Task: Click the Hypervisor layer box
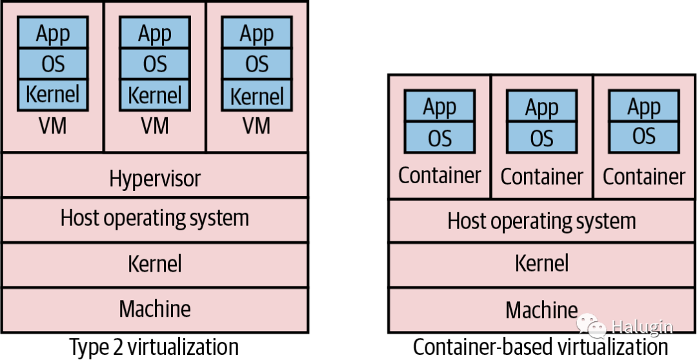tap(155, 175)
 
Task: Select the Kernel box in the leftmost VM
tap(52, 95)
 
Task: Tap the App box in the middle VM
tap(155, 32)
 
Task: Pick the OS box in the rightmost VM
tap(257, 64)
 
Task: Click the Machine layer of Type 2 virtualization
tap(155, 310)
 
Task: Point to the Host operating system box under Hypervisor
tap(155, 219)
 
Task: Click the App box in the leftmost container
tap(439, 106)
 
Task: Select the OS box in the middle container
tap(542, 137)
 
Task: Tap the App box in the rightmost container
tap(644, 106)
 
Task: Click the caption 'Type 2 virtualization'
tap(154, 346)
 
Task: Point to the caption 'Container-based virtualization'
tap(541, 346)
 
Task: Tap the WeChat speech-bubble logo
tap(592, 326)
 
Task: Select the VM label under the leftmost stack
tap(52, 126)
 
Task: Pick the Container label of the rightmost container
tap(644, 176)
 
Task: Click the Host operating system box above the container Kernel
tap(542, 221)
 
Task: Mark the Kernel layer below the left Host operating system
tap(155, 265)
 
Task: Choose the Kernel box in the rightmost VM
tap(257, 95)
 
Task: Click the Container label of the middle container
tap(542, 176)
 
